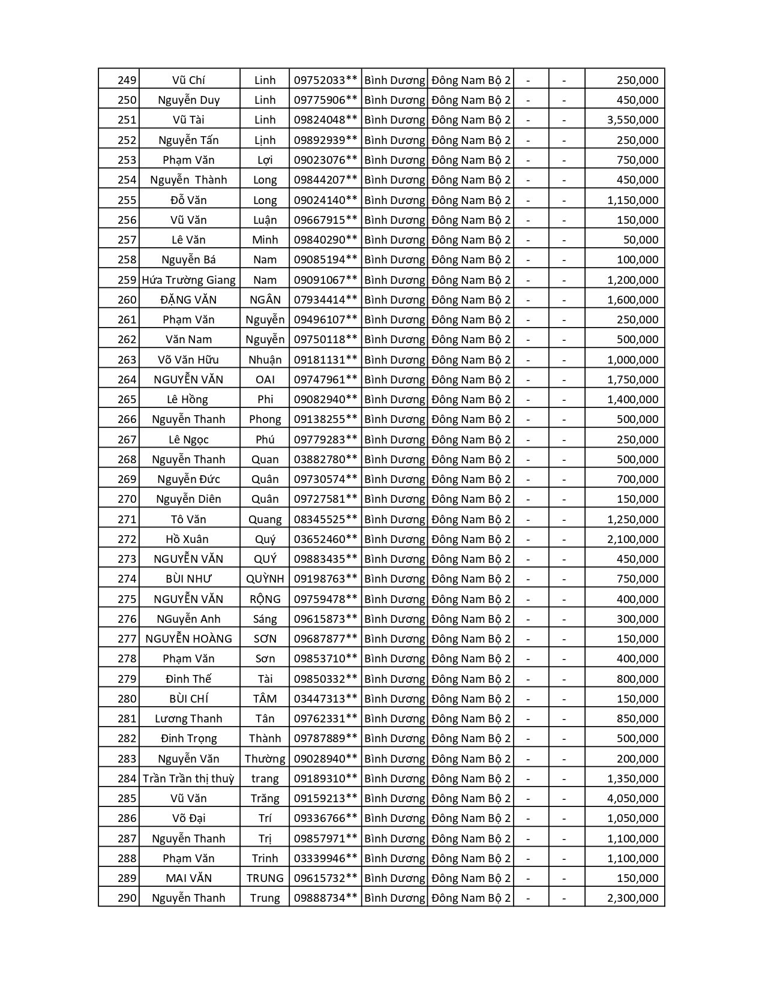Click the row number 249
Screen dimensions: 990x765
127,80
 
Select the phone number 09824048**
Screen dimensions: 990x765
325,120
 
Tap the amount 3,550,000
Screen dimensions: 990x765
632,120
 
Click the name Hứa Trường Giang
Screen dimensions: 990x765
188,280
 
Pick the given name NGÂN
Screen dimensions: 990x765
265,300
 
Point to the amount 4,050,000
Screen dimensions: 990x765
632,799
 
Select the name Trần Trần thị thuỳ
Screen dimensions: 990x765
188,779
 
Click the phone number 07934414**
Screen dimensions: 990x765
325,300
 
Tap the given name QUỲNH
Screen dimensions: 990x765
265,579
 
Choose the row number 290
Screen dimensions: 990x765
127,898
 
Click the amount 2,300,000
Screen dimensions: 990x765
632,898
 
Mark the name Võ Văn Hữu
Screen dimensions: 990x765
188,360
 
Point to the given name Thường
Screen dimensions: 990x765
265,759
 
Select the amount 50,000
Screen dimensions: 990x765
641,240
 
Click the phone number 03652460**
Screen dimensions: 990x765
325,539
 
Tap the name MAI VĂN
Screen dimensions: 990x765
188,878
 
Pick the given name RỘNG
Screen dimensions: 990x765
265,599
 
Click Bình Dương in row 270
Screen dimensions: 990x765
394,499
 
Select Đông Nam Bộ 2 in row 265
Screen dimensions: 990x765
471,400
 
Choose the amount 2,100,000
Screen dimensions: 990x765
632,539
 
